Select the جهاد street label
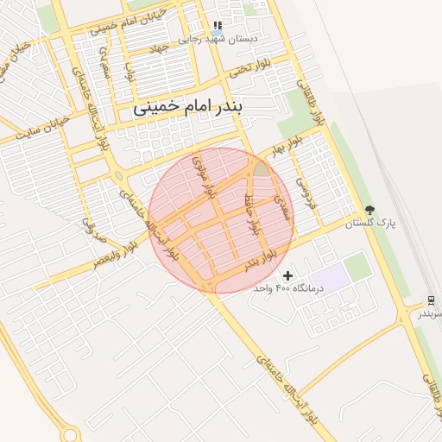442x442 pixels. (157, 49)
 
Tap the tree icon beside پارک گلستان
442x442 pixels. (369, 210)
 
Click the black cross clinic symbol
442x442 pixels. (287, 275)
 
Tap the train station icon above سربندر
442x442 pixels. (430, 300)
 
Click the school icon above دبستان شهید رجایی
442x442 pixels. (217, 26)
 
